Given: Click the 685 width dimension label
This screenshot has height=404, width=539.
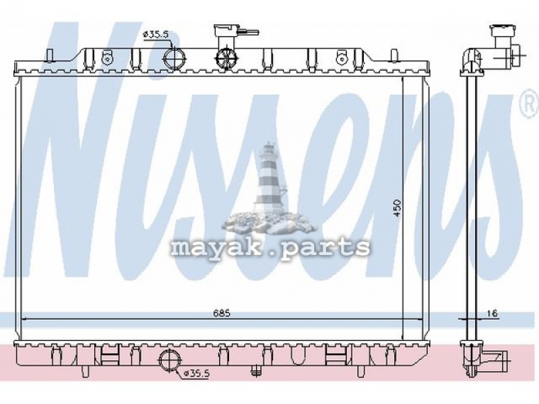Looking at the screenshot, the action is [x=222, y=313].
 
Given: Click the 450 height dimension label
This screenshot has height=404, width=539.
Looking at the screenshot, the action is [x=397, y=207].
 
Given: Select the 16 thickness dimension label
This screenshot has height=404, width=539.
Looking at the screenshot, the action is [x=493, y=313].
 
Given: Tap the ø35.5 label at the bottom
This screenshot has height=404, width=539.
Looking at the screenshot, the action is [x=197, y=374].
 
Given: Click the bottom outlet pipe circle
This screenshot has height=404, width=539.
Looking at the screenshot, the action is [x=170, y=360].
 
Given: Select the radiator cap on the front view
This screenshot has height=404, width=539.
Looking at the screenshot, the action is [x=226, y=30].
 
